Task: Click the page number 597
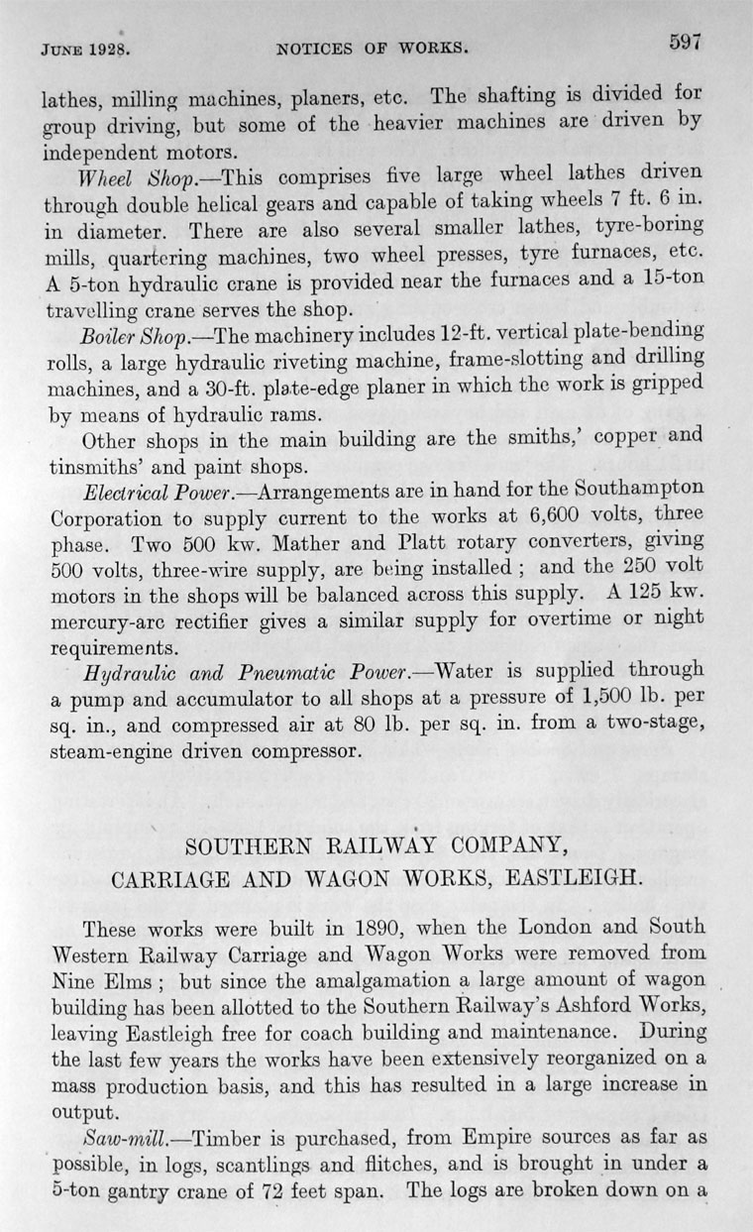click(684, 42)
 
